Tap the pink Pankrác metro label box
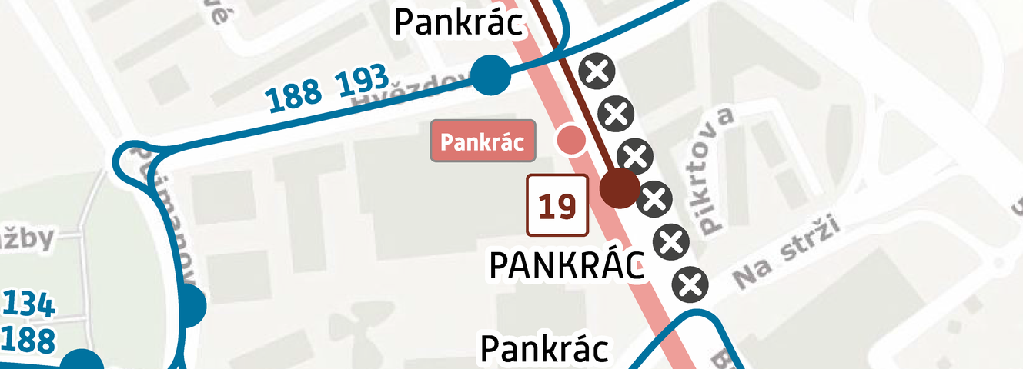point(482,141)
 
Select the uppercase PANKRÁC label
point(567,265)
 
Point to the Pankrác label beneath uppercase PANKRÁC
point(544,349)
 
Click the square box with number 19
point(557,205)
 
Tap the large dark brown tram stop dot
point(619,188)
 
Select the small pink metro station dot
point(570,139)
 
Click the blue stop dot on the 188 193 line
point(490,75)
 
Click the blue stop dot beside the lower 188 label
point(81,363)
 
